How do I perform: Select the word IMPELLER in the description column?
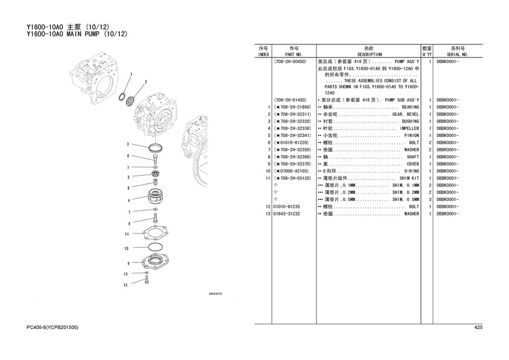point(410,128)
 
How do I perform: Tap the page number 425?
point(478,327)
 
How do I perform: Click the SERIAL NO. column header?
point(457,55)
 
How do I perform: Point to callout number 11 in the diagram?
point(127,234)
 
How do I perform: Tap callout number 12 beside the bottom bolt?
point(125,285)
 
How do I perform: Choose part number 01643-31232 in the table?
point(287,214)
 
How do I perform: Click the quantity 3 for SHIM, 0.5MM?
point(430,199)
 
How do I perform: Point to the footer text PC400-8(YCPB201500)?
point(52,327)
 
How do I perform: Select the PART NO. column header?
point(293,55)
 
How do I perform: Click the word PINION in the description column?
point(411,136)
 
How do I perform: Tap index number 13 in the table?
point(268,214)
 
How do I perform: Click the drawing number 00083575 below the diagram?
point(215,294)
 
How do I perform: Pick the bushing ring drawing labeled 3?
point(156,148)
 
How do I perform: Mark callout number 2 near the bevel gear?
point(146,82)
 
